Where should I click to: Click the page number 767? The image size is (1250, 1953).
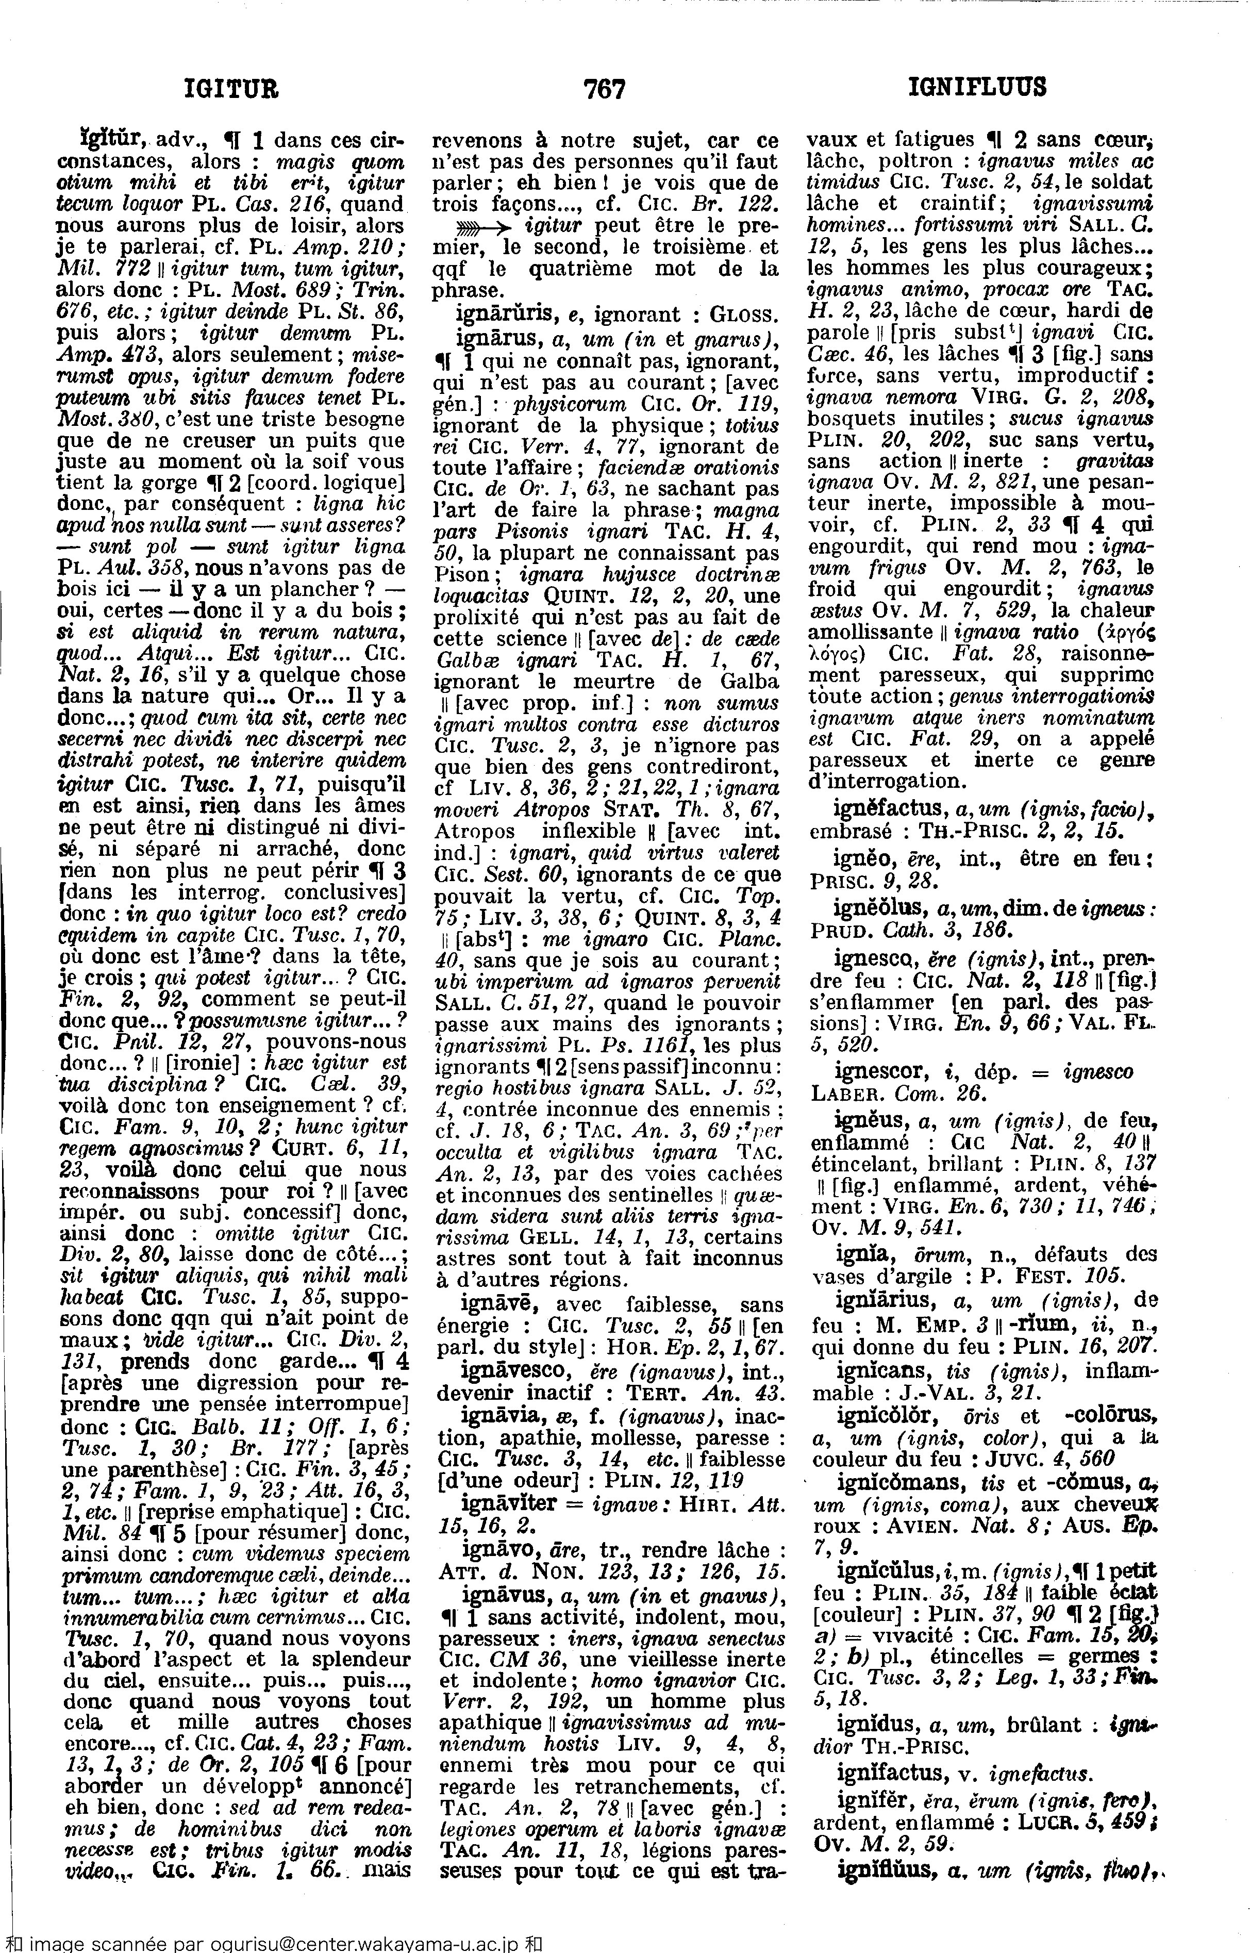[x=605, y=88]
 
